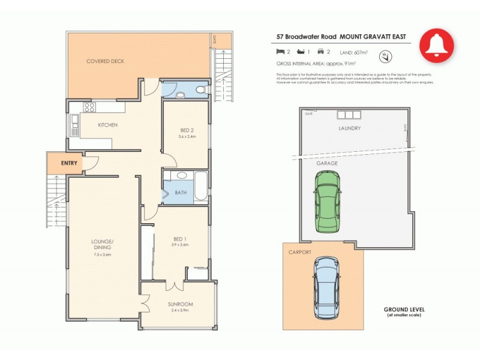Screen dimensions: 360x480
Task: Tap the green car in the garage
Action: click(327, 201)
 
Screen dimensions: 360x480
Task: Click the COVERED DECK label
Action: click(106, 61)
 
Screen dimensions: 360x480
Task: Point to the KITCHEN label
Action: click(107, 125)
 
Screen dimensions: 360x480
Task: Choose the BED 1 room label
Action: click(181, 238)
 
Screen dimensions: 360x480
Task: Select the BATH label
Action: click(181, 193)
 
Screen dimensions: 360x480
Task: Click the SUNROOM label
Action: click(181, 304)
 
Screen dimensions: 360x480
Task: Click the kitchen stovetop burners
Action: click(90, 108)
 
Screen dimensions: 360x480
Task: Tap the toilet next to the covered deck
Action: click(199, 91)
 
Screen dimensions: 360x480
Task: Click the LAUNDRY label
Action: click(349, 128)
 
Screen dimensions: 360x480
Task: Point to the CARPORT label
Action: click(300, 253)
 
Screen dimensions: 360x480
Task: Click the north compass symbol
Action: click(384, 56)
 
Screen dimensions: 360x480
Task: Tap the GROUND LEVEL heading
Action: click(404, 310)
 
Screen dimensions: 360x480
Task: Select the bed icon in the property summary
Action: click(280, 52)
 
